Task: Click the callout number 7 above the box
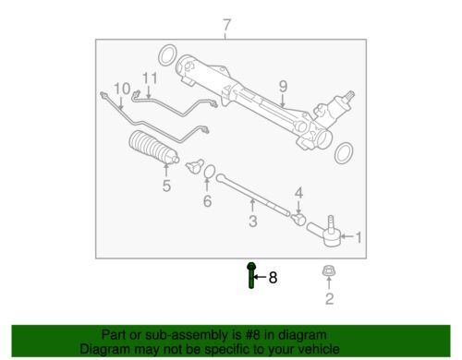(x=226, y=25)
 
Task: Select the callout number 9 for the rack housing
(x=283, y=86)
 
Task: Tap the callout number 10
(x=122, y=89)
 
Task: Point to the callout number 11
(x=150, y=78)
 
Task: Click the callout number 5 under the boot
(x=166, y=186)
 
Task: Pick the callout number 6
(x=207, y=201)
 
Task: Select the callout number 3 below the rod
(x=253, y=221)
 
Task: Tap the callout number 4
(x=298, y=193)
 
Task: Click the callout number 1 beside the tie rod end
(x=359, y=237)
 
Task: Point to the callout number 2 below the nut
(x=330, y=298)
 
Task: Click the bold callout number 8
(x=273, y=278)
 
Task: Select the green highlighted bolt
(x=251, y=275)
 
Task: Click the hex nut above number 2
(x=329, y=271)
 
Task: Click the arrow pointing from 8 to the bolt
(x=260, y=277)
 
